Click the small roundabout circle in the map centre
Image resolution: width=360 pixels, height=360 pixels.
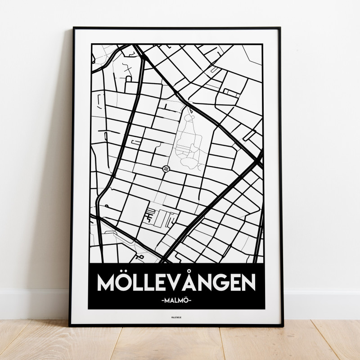coord(166,169)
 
